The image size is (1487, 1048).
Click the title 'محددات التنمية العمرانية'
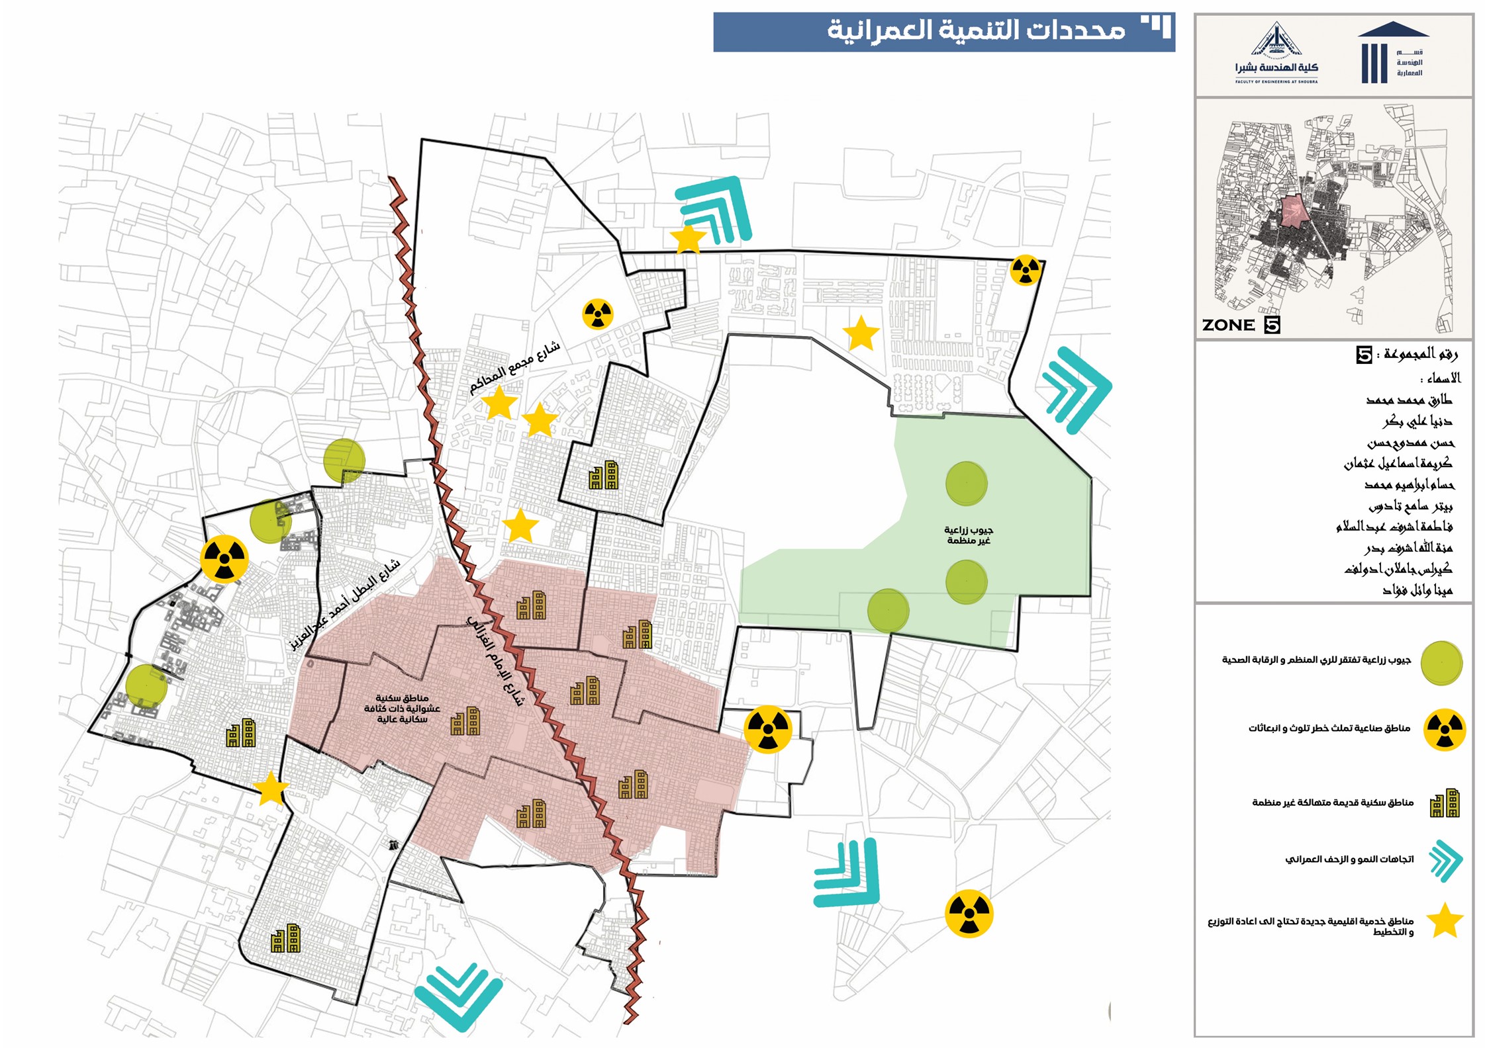976,30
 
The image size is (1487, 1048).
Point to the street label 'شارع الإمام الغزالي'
496,661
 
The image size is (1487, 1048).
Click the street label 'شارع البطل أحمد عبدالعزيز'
345,604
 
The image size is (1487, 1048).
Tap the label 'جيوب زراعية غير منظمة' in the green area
968,535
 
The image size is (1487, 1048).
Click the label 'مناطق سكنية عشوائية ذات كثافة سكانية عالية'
402,709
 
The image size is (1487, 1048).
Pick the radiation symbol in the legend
1445,730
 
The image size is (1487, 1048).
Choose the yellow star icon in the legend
1444,921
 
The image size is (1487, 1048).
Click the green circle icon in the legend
1441,662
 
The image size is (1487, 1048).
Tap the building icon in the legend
1444,803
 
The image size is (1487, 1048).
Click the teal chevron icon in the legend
1445,861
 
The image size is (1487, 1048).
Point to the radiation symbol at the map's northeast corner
1026,270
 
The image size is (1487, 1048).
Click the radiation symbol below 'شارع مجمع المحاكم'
598,314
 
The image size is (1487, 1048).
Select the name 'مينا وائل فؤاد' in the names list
1417,590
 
